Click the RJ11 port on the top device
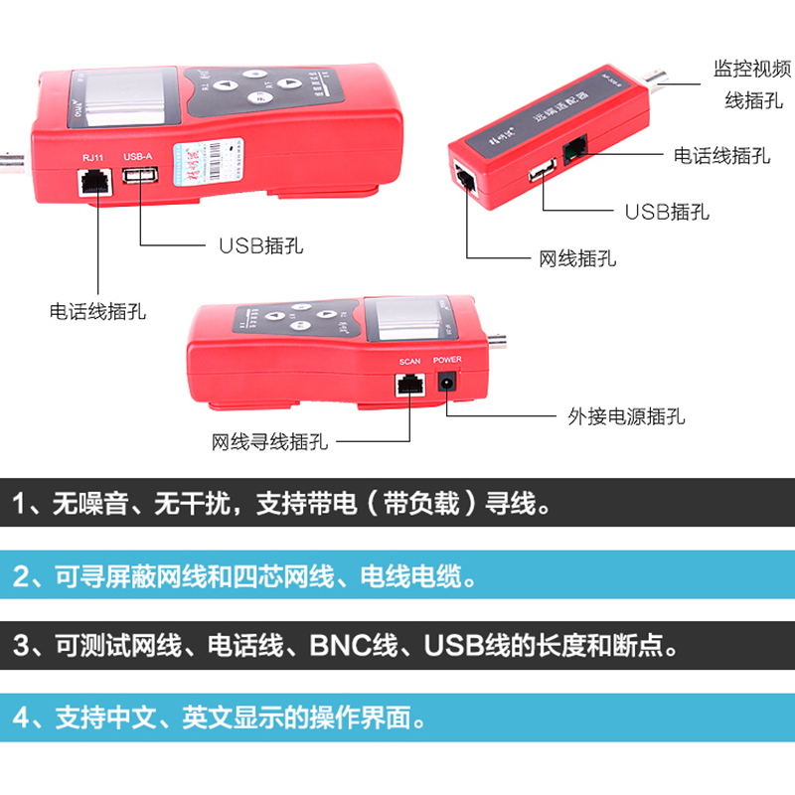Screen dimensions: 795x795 [91, 182]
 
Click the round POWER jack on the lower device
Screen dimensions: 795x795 [448, 381]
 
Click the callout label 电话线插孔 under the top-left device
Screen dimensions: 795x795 [98, 311]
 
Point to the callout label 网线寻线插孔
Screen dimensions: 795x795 [269, 440]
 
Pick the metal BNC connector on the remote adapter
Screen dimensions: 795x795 [661, 83]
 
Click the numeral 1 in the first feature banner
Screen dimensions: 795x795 [22, 504]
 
